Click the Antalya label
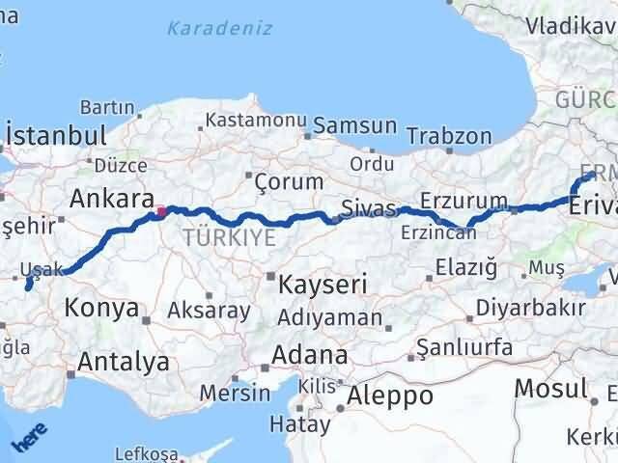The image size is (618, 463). [124, 363]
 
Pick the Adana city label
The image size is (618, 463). [309, 354]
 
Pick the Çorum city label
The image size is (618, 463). [288, 180]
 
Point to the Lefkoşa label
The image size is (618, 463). [147, 453]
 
